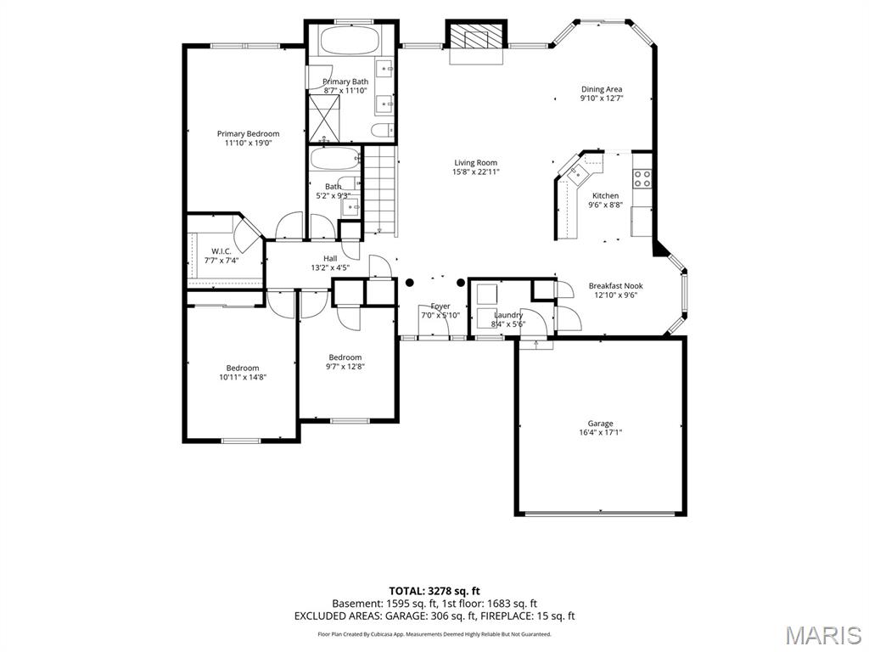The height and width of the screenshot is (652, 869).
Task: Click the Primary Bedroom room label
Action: point(248,133)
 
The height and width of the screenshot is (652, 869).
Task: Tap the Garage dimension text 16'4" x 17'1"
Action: point(600,432)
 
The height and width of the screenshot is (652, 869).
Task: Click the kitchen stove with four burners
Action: point(642,178)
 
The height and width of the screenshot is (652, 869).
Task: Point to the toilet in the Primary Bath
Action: point(381,131)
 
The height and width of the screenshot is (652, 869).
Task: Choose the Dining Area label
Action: point(602,89)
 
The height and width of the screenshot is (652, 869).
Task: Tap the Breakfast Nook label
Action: point(616,286)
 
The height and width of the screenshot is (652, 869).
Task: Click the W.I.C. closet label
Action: point(221,251)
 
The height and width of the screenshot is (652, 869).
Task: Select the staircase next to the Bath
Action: point(380,188)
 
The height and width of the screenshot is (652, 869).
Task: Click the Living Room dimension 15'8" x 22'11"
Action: point(476,171)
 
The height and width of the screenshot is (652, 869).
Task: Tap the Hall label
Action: point(330,258)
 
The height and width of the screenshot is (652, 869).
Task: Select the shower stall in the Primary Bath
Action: point(324,117)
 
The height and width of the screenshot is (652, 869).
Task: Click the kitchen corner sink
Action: point(577,172)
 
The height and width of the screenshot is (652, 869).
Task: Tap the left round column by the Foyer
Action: point(410,283)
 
